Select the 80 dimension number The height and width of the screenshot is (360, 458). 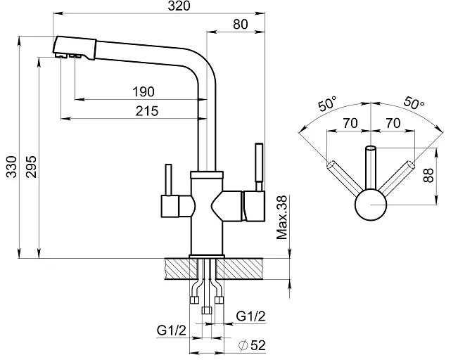coord(240,23)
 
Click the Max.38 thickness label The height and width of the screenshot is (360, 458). coord(283,218)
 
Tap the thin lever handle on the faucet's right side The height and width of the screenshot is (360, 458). coord(257,166)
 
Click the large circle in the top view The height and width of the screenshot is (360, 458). coord(371,206)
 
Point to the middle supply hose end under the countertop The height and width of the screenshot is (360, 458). coord(206,310)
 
